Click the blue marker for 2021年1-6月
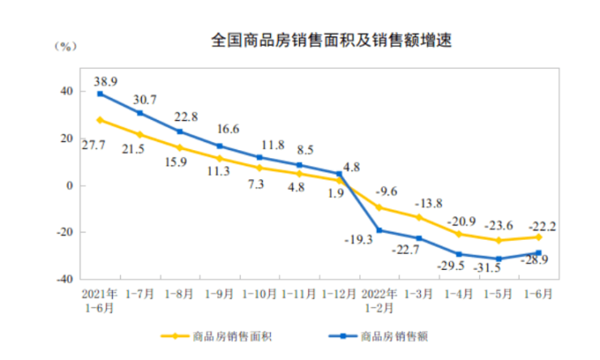tap(100, 94)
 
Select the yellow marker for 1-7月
tap(139, 135)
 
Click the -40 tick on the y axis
tap(66, 278)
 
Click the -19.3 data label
tap(357, 240)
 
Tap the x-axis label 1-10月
tap(259, 293)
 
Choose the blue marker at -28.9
tap(538, 252)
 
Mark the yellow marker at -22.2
tap(538, 237)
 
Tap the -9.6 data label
tap(387, 193)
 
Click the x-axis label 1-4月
tap(458, 293)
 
